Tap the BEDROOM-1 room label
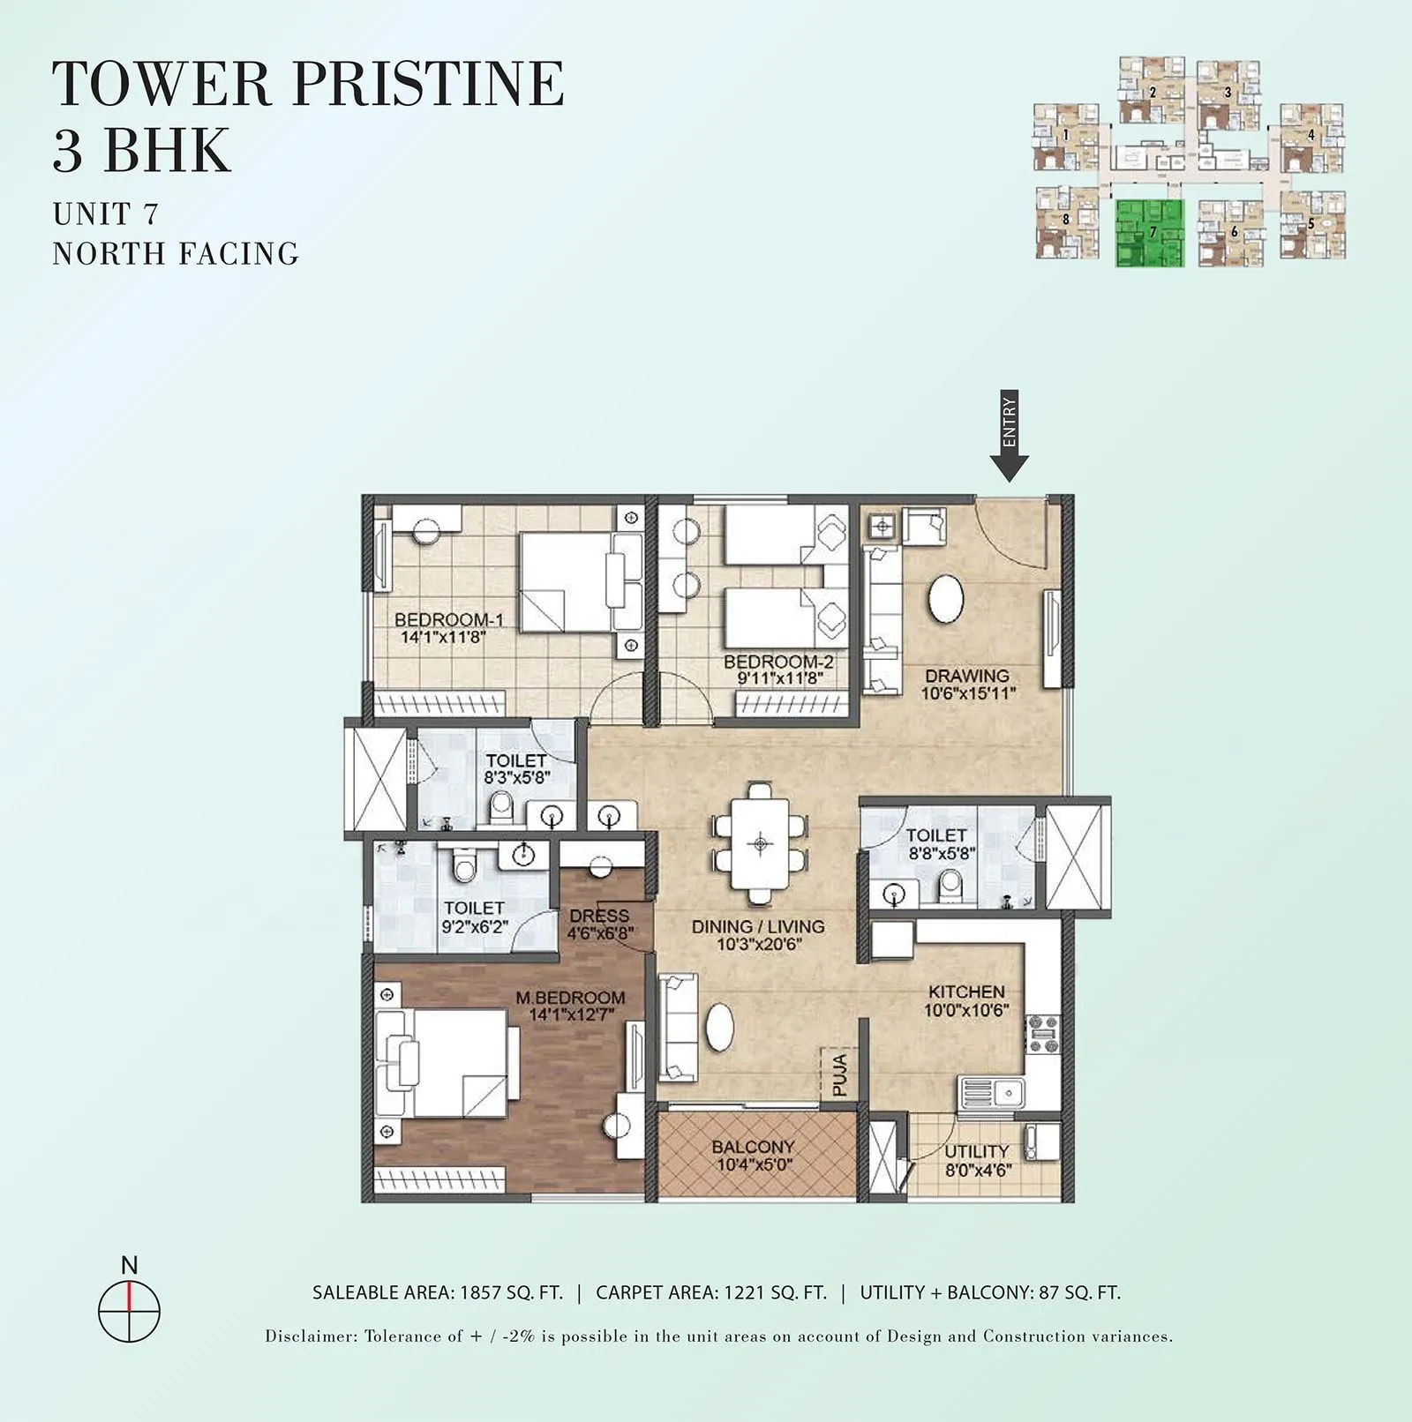[448, 619]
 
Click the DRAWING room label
[967, 676]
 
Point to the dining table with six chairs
[760, 843]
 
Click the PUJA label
[839, 1074]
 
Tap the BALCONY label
[753, 1147]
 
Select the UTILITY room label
[976, 1151]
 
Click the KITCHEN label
[966, 992]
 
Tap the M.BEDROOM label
[570, 997]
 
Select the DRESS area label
[599, 916]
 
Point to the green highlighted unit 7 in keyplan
[1149, 234]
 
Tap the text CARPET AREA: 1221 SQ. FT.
[711, 1293]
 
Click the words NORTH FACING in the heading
[176, 254]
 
